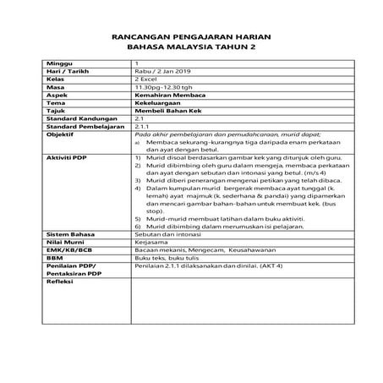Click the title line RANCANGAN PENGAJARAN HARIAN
click(x=190, y=38)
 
